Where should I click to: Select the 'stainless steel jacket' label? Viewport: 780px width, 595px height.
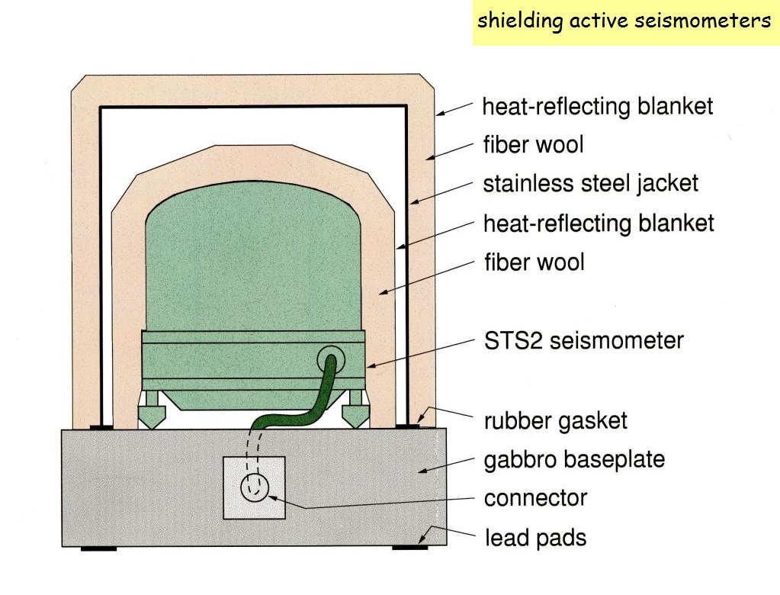[590, 184]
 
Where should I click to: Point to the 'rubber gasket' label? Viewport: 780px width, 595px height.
[555, 420]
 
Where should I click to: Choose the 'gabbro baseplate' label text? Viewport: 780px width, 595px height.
[574, 459]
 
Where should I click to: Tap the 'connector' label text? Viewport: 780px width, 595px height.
[535, 498]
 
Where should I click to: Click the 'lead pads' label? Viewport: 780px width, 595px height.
[535, 538]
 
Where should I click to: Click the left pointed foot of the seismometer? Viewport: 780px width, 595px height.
[152, 415]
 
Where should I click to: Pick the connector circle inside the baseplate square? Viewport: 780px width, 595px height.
[255, 487]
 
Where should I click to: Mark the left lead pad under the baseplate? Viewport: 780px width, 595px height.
[99, 548]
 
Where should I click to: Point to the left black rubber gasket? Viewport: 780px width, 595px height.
[101, 427]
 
